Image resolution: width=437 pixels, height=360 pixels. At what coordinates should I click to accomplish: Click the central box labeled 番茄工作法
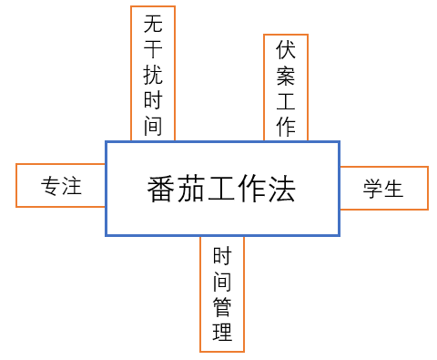(x=222, y=189)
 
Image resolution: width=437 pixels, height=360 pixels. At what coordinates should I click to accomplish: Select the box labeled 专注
(x=61, y=187)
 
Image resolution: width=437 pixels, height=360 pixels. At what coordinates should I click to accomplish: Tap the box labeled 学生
(x=383, y=189)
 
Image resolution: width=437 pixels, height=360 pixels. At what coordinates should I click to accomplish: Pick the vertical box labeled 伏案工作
(x=286, y=87)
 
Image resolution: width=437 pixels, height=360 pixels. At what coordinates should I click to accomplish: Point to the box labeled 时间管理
(x=222, y=293)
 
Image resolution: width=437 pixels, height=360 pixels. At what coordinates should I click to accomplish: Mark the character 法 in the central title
(x=282, y=190)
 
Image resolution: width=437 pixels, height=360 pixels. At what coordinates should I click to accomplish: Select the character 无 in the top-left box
(x=153, y=25)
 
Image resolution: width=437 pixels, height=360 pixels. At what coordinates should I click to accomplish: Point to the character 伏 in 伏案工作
(x=286, y=50)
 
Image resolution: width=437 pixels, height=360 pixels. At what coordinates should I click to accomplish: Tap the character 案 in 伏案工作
(x=286, y=76)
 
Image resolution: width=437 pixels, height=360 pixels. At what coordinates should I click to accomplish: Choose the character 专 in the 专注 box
(x=50, y=187)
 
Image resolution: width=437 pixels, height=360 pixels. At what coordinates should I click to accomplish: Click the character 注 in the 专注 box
(x=72, y=187)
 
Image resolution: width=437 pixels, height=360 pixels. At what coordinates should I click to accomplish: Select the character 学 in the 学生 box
(x=372, y=189)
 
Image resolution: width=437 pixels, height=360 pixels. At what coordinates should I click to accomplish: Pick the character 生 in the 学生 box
(x=394, y=189)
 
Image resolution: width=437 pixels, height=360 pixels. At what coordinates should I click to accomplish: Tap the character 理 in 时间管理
(x=222, y=332)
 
